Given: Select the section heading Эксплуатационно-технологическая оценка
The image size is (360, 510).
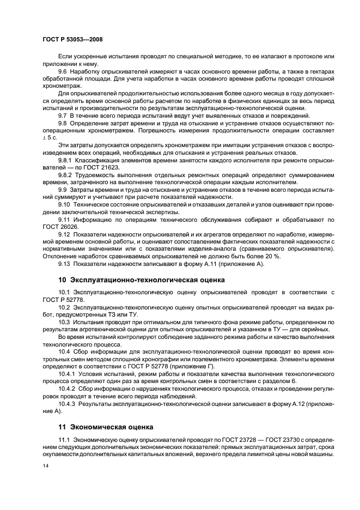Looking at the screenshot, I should click(145, 280).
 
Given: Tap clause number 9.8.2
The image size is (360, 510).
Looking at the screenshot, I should click(66, 175).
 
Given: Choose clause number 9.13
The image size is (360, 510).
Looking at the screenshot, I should click(64, 264).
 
